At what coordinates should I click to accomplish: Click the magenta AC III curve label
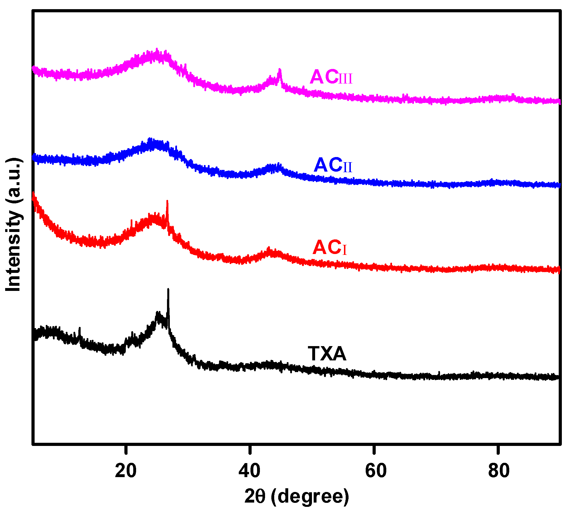pos(331,77)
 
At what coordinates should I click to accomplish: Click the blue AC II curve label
pos(333,165)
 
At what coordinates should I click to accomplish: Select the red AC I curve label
pos(329,248)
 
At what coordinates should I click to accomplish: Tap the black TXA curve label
pos(327,354)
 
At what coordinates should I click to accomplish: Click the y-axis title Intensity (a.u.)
pos(13,225)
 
